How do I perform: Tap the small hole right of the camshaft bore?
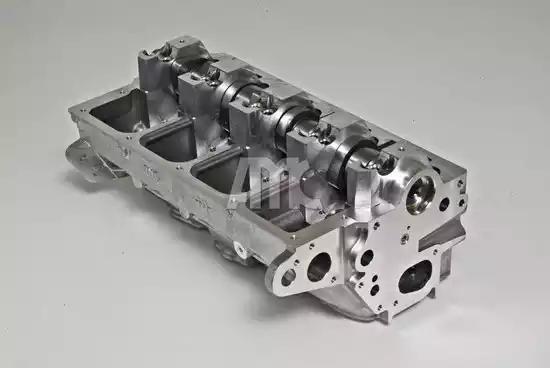pos(443,203)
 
